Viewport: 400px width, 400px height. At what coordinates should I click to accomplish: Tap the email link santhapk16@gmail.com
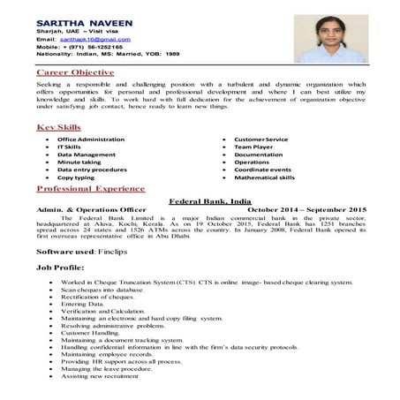coord(97,40)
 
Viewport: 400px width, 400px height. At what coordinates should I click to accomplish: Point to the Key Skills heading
coord(59,129)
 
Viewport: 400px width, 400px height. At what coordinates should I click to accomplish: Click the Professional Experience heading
coord(92,190)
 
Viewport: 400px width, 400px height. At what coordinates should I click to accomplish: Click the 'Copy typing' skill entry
coord(82,177)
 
